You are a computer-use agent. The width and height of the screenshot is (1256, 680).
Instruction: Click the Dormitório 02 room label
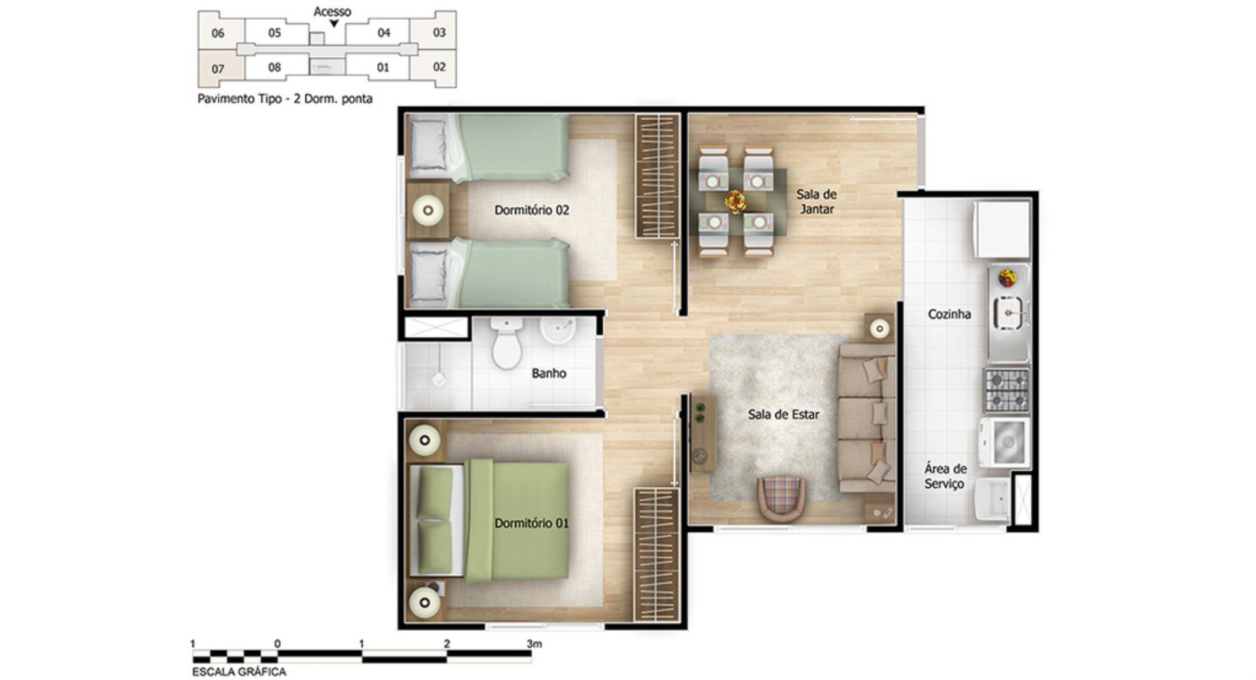[531, 210]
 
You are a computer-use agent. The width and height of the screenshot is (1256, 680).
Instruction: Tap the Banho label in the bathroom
[548, 373]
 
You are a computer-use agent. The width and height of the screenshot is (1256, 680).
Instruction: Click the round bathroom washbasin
[558, 329]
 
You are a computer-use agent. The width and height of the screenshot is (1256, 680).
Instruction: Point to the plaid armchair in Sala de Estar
[781, 497]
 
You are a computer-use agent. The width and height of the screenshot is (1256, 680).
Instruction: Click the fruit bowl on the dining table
[736, 201]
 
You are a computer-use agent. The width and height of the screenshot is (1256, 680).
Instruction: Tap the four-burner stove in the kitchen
[1006, 390]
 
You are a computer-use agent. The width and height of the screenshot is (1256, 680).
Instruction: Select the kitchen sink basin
[1008, 313]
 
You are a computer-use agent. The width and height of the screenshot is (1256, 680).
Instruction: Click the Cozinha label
[949, 314]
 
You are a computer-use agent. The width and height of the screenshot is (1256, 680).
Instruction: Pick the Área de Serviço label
[945, 476]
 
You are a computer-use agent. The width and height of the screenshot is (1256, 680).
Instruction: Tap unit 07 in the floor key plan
[218, 69]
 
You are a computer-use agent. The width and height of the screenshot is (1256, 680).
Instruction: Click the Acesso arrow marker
[334, 24]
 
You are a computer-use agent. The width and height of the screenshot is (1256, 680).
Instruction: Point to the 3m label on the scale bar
[534, 643]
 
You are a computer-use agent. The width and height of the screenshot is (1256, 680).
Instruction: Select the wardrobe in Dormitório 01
[656, 554]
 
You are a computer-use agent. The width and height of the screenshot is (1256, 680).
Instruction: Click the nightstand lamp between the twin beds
[428, 211]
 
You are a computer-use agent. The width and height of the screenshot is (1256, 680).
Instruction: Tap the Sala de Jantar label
[816, 201]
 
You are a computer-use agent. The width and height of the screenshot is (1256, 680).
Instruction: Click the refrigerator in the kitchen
[1002, 230]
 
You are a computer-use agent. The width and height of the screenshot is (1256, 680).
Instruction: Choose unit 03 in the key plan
[439, 33]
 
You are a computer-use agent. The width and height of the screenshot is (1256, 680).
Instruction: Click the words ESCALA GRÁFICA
[239, 671]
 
